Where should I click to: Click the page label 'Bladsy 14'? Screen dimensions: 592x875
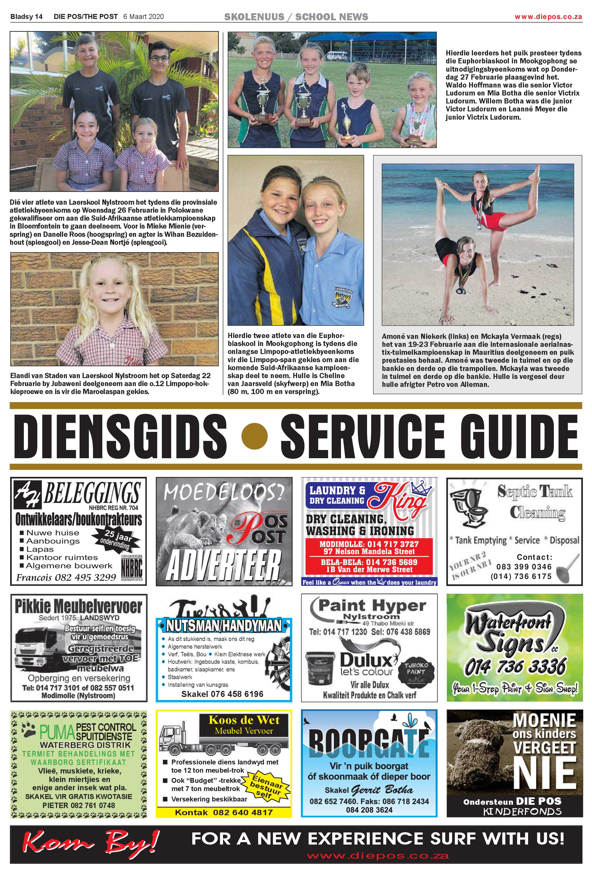[x=26, y=16]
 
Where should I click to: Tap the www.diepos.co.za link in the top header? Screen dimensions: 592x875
[x=548, y=16]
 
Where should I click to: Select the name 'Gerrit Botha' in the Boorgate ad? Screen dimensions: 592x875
[x=382, y=790]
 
